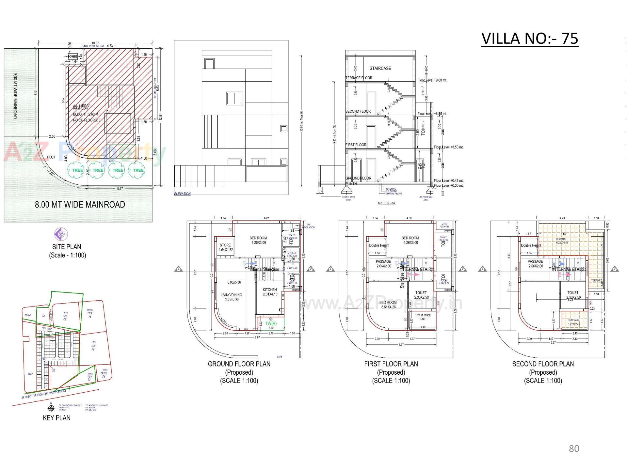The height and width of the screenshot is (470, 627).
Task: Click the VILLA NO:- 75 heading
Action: click(x=529, y=39)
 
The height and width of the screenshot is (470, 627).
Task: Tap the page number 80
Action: click(x=574, y=449)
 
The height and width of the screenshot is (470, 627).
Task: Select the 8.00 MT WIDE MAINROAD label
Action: click(x=80, y=205)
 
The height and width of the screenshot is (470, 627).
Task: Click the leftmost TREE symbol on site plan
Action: click(x=77, y=170)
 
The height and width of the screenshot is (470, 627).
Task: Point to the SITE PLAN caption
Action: click(x=67, y=247)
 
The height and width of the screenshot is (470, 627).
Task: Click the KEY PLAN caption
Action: click(x=56, y=418)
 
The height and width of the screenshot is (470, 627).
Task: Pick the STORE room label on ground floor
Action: click(x=225, y=247)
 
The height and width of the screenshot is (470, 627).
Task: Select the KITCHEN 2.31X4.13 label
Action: click(x=270, y=292)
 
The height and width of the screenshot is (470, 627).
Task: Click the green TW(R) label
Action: click(x=271, y=323)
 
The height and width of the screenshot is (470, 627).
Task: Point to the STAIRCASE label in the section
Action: click(x=380, y=68)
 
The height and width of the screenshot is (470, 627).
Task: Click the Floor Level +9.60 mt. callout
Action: click(x=432, y=80)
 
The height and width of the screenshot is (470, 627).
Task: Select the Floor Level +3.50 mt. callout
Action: click(x=448, y=147)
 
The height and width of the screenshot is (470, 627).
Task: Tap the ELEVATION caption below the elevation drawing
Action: click(x=182, y=194)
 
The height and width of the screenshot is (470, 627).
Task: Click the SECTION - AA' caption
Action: click(x=387, y=203)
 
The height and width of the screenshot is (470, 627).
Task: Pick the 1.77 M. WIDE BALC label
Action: click(x=423, y=317)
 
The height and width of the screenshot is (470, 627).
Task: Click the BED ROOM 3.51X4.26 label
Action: click(x=388, y=305)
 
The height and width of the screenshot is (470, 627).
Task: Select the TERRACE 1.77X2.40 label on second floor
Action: click(x=573, y=322)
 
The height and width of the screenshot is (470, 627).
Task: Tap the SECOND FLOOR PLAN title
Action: click(x=543, y=364)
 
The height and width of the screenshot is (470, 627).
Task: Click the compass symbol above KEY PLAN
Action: click(x=51, y=408)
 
